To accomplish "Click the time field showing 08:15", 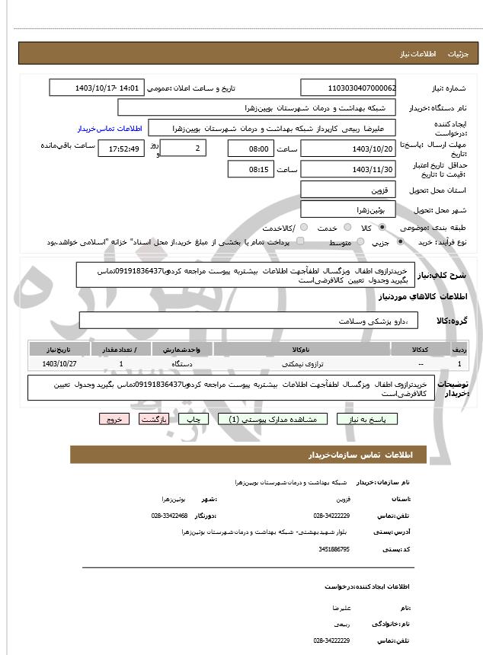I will (250, 169).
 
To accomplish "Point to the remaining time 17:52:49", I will (124, 149).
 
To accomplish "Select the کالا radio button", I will (382, 228).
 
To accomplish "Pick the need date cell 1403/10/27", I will (60, 364).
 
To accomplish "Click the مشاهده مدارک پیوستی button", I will (273, 419).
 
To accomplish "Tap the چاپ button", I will (195, 419).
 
